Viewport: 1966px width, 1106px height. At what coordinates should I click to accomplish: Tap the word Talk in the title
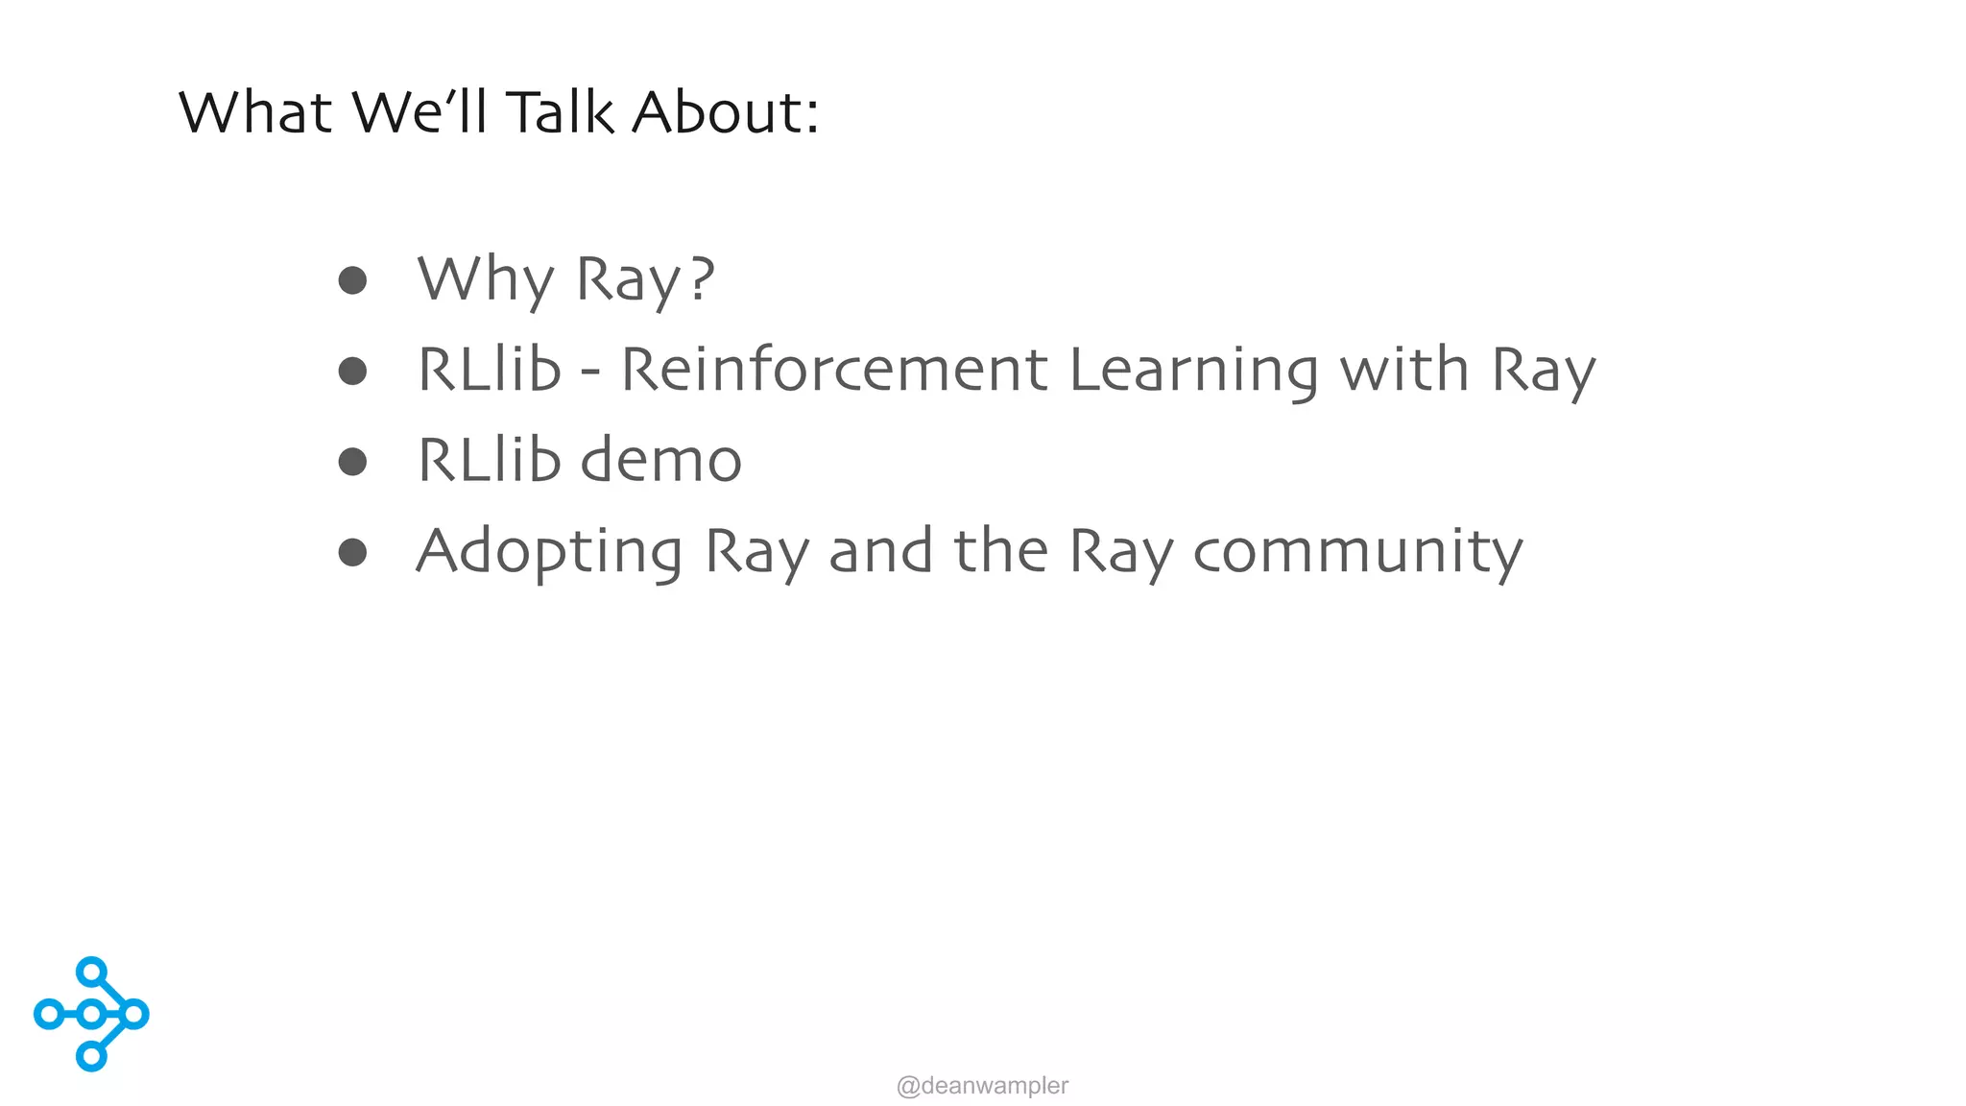click(559, 112)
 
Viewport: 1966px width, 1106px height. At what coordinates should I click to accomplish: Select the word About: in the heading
click(725, 112)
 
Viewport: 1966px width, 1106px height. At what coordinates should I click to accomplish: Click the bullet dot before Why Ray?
click(352, 280)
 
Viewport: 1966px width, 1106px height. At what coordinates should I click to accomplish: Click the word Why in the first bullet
click(486, 279)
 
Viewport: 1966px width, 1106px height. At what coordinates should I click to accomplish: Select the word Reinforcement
click(834, 370)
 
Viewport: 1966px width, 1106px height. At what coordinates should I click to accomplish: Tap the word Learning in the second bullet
click(1193, 372)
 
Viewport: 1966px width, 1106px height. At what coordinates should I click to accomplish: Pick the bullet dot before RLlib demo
click(352, 462)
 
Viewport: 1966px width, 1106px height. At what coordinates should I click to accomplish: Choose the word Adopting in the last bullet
click(549, 553)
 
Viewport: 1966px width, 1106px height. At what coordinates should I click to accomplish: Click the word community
click(1357, 553)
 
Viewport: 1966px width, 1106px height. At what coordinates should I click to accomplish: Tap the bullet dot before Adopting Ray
click(352, 552)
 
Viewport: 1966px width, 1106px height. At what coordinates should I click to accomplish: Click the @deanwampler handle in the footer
click(982, 1086)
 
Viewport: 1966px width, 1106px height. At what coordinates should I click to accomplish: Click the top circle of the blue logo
click(91, 972)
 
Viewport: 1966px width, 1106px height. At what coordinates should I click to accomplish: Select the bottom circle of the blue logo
click(91, 1056)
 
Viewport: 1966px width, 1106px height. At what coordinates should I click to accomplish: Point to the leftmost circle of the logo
click(48, 1014)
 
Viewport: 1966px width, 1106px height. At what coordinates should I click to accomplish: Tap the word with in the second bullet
click(1403, 370)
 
